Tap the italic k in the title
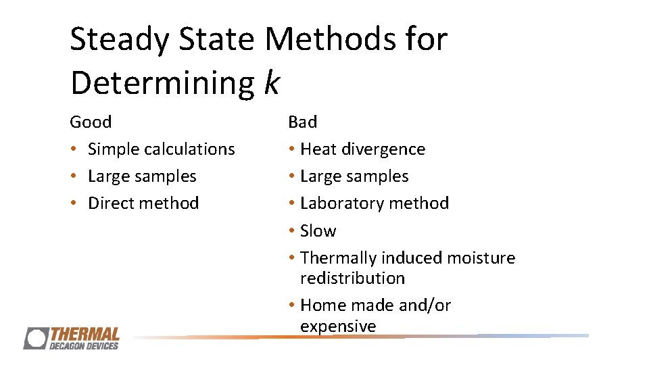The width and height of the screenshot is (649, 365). pyautogui.click(x=270, y=82)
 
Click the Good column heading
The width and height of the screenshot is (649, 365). pyautogui.click(x=91, y=122)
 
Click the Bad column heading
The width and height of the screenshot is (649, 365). pyautogui.click(x=302, y=122)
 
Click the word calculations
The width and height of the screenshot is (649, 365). pyautogui.click(x=191, y=149)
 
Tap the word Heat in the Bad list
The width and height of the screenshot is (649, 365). pyautogui.click(x=319, y=149)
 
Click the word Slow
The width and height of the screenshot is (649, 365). pyautogui.click(x=318, y=231)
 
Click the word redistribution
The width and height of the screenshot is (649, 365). pyautogui.click(x=352, y=278)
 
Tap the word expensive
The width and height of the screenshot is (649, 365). pyautogui.click(x=338, y=326)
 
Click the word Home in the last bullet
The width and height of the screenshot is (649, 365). pyautogui.click(x=320, y=306)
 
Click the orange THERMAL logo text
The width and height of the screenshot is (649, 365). pyautogui.click(x=85, y=334)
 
